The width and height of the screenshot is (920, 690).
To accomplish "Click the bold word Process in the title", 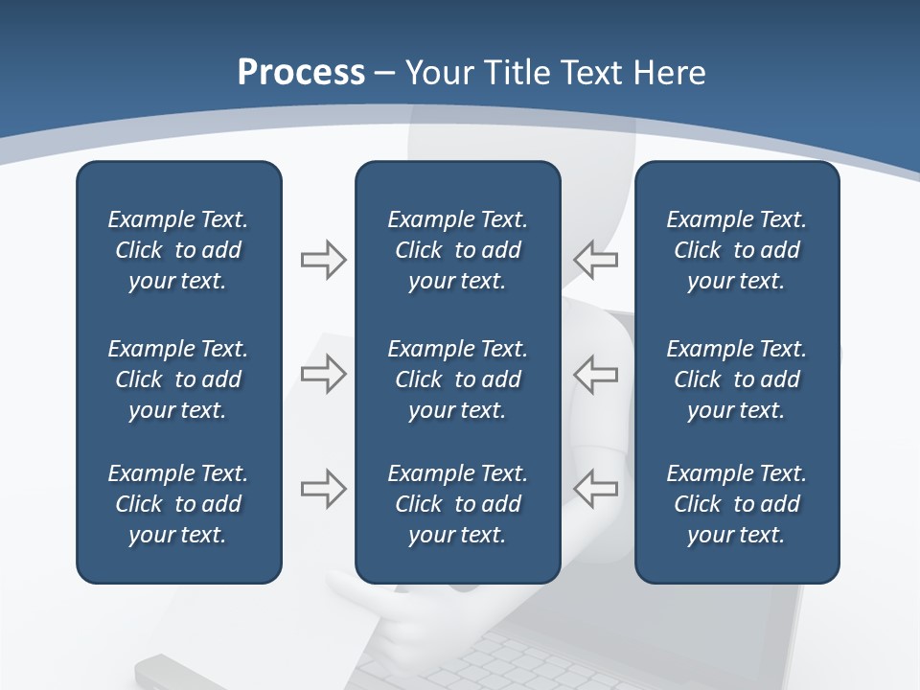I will pyautogui.click(x=301, y=73).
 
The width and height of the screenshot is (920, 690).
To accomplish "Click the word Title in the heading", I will pyautogui.click(x=517, y=73).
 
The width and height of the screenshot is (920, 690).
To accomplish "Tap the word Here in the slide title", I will pyautogui.click(x=670, y=73).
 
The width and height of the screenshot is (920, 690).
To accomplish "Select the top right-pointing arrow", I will pyautogui.click(x=323, y=260).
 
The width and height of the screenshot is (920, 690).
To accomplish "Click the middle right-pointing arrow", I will pyautogui.click(x=323, y=374).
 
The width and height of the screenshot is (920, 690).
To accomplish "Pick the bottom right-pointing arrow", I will pyautogui.click(x=323, y=489).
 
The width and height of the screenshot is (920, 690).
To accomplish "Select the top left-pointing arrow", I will pyautogui.click(x=595, y=260).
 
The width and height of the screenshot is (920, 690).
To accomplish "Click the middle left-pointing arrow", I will pyautogui.click(x=595, y=374).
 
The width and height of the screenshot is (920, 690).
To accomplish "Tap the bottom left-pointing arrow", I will pyautogui.click(x=595, y=489).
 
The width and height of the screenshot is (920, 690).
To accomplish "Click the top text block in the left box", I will pyautogui.click(x=178, y=250).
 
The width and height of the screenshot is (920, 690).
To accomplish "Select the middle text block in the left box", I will pyautogui.click(x=178, y=379).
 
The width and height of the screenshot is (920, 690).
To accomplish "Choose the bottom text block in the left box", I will pyautogui.click(x=178, y=504).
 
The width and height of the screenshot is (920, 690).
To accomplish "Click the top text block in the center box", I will pyautogui.click(x=457, y=250).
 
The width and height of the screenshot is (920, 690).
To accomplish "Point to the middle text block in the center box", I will pyautogui.click(x=457, y=379).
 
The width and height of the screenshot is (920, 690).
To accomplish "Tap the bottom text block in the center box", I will pyautogui.click(x=457, y=504).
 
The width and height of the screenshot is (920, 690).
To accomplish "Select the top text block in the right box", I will pyautogui.click(x=736, y=250).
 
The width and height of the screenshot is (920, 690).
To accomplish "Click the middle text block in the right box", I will pyautogui.click(x=736, y=379).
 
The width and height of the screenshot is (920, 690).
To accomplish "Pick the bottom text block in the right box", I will pyautogui.click(x=736, y=504).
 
